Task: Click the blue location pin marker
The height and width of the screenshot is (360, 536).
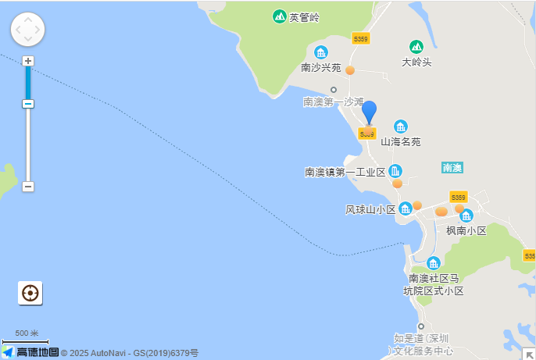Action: tap(369, 113)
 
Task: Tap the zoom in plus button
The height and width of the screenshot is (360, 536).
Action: tap(28, 61)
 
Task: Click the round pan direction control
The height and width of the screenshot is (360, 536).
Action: tap(27, 30)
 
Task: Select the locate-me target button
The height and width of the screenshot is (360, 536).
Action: tap(30, 293)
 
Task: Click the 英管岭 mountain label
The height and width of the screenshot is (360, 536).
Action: tap(305, 17)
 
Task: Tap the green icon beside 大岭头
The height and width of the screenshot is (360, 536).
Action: tap(416, 47)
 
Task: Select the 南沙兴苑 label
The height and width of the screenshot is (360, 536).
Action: tap(321, 68)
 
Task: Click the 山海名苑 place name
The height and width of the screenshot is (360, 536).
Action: tap(401, 142)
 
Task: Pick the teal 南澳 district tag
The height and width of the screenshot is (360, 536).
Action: tap(452, 167)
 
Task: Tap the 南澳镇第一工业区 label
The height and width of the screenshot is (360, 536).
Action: tap(345, 172)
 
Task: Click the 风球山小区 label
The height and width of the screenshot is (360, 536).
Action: tap(371, 209)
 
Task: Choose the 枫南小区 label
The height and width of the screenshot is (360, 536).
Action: tap(466, 230)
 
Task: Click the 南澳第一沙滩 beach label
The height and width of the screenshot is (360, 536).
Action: tap(334, 102)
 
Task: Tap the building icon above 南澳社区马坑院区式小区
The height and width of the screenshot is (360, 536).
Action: tap(434, 263)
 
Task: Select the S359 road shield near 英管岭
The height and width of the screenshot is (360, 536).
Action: tap(360, 37)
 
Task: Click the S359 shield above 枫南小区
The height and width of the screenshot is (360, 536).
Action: tap(459, 197)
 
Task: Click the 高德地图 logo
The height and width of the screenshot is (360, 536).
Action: tap(31, 352)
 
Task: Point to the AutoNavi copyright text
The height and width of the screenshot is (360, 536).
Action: tap(130, 353)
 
